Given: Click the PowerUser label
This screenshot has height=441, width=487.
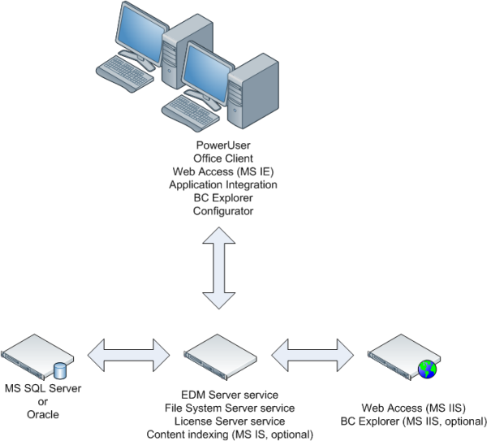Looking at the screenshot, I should click(223, 145).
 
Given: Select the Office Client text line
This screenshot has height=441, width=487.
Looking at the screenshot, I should click(223, 158).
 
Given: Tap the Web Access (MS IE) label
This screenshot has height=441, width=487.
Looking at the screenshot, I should click(223, 171).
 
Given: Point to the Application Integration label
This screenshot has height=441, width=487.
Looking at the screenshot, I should click(223, 184).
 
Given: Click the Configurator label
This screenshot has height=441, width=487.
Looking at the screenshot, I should click(223, 211).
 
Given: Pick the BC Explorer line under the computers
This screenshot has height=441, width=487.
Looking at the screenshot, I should click(223, 197).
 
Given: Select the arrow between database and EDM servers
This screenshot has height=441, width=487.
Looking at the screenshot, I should click(127, 352).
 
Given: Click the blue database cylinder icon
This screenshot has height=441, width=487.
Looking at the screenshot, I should click(59, 370).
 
